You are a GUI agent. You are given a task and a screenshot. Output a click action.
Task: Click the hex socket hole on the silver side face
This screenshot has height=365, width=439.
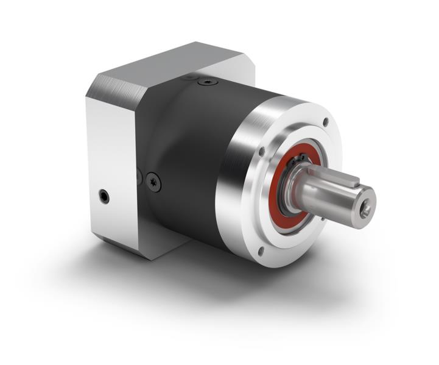click(x=105, y=196)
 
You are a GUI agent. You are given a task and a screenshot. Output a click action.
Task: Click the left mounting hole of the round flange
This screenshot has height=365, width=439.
click(x=261, y=151)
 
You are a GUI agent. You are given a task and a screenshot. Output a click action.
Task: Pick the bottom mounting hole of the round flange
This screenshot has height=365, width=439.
click(x=261, y=250)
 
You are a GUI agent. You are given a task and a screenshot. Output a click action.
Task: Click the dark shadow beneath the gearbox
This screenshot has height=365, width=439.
click(x=201, y=274)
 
